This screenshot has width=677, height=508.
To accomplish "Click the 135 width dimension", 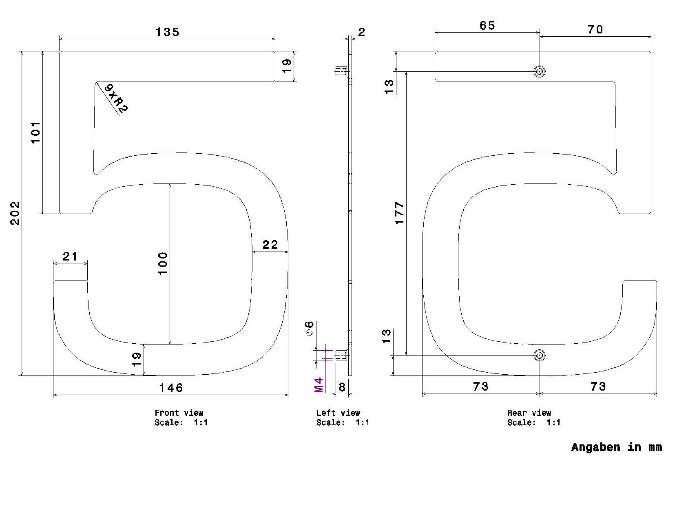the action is [167, 32].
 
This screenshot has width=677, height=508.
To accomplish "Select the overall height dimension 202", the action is [15, 213].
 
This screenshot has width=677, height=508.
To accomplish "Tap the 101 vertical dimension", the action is [36, 132].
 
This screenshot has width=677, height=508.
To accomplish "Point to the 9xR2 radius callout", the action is [116, 98].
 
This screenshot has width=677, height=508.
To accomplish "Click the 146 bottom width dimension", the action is [171, 387].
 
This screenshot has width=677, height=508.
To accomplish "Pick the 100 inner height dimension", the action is [162, 263].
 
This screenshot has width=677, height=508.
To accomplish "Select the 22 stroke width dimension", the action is [270, 245].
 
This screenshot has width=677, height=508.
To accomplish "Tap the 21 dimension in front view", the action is [70, 256].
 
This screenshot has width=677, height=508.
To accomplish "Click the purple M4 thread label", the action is [319, 385].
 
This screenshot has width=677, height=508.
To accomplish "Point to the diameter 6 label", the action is [309, 329].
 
